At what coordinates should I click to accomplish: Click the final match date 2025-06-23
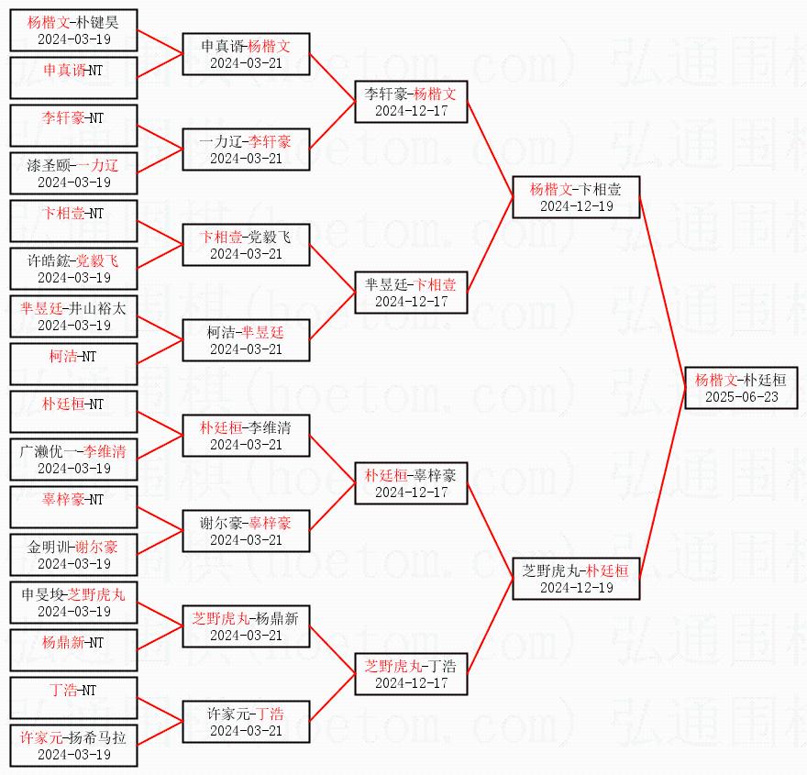[742, 397]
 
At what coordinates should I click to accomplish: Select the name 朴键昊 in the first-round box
[97, 22]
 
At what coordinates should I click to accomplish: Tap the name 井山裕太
[98, 308]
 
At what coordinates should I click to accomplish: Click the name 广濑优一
[48, 451]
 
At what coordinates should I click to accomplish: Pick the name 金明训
[48, 547]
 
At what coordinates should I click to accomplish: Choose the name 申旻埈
[42, 594]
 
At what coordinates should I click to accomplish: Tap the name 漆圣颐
[48, 165]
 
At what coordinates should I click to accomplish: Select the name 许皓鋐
[48, 260]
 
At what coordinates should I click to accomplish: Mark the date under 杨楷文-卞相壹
[577, 206]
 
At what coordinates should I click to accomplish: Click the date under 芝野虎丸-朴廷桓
[577, 588]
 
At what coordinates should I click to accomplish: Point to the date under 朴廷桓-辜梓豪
[411, 493]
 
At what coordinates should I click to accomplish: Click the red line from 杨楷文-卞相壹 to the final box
[662, 293]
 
